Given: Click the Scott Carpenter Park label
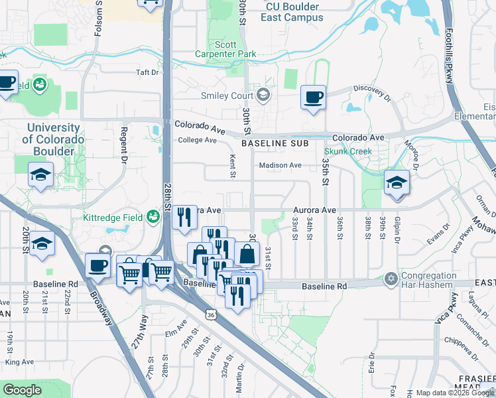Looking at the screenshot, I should coord(226,49).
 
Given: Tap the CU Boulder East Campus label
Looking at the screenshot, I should coord(292,12).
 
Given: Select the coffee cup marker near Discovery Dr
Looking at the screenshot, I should coord(313,98).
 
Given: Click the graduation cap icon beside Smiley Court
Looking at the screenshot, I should coord(264,95).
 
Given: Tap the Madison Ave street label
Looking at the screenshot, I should coord(280,165).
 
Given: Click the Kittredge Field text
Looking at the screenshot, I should coord(113,217).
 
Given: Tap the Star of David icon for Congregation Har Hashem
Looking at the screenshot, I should coord(391,279).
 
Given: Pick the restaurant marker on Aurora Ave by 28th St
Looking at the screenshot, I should coord(184,217).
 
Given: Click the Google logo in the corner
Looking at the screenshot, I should coord(23,390).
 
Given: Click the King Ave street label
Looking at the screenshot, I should coord(19,362).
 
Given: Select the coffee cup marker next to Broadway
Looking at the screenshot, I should coord(97,266).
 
